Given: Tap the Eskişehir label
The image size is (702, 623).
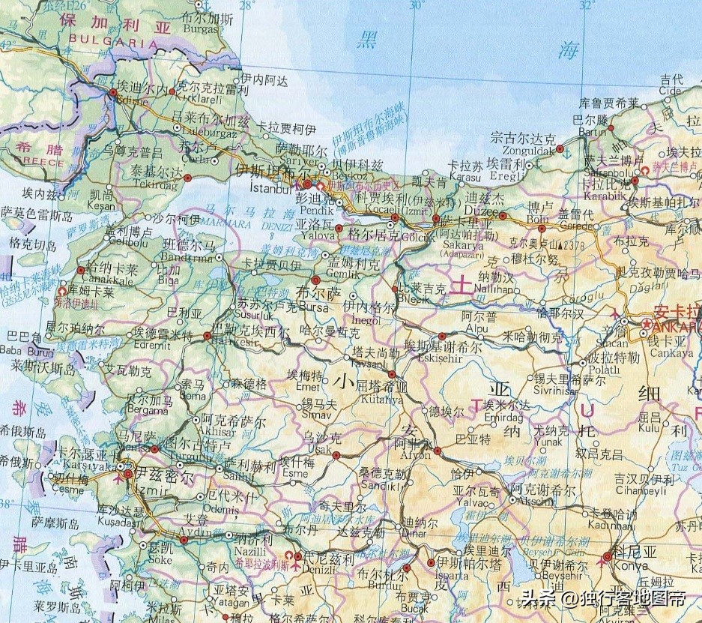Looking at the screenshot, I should [424, 358].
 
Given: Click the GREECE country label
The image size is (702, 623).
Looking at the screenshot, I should [24, 161].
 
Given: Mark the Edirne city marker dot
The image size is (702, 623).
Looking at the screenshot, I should [113, 92].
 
